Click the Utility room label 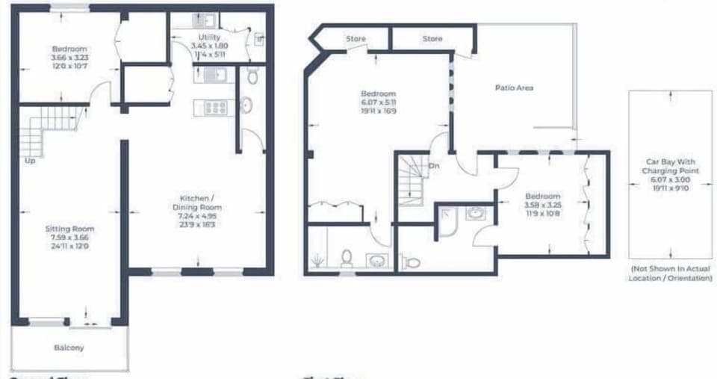(208, 37)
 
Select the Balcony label (69, 348)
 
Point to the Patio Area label (514, 88)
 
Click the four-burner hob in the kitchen (215, 108)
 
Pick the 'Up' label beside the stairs (30, 160)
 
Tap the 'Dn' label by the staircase (433, 165)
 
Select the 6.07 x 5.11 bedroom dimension (379, 102)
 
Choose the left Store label (356, 39)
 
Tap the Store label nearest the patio (432, 39)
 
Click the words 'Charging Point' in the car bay (670, 170)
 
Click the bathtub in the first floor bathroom (447, 221)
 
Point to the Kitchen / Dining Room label (197, 202)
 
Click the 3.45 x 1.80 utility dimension (208, 46)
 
